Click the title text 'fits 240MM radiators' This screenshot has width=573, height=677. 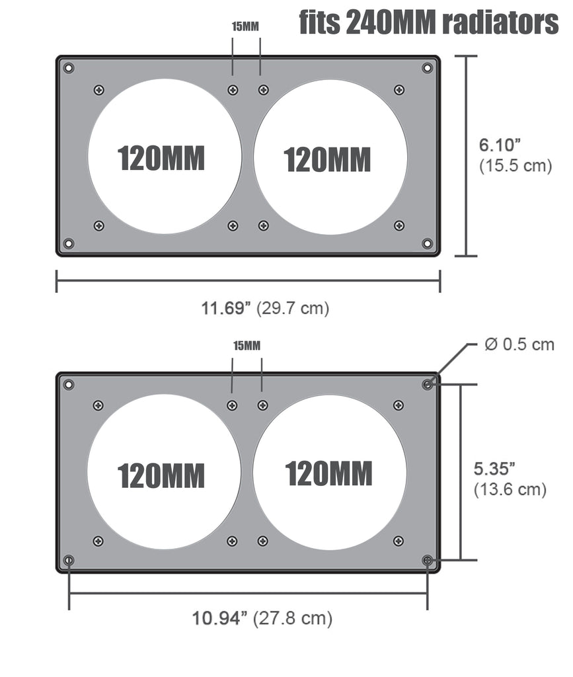point(428,22)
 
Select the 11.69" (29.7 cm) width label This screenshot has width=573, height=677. point(265,307)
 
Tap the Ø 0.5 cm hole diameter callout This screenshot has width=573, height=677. point(519,344)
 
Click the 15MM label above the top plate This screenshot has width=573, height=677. point(245,26)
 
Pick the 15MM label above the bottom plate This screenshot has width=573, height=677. point(247,345)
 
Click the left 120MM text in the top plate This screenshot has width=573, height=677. point(161,158)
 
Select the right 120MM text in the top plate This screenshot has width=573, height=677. point(327,159)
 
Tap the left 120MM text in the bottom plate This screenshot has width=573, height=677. point(161,475)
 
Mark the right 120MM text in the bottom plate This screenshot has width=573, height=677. point(328,473)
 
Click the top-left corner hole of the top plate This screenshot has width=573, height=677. point(69,67)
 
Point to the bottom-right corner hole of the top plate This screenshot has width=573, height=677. point(427,243)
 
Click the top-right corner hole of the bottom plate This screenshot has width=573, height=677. point(427,384)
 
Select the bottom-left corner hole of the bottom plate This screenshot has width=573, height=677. point(69,560)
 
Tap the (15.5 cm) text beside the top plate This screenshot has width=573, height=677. point(515,165)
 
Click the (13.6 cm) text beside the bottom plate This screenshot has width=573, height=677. point(510,490)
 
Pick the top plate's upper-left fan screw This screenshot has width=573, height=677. point(99,90)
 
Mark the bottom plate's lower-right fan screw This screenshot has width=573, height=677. point(398,541)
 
